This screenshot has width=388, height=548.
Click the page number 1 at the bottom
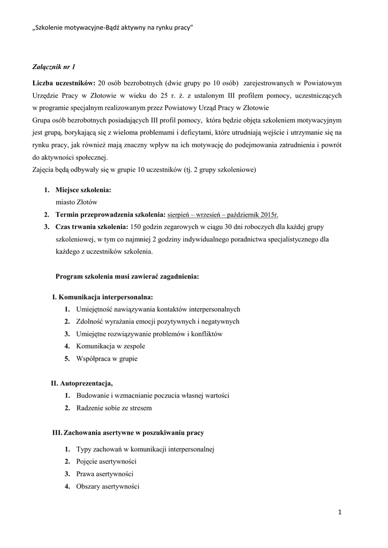(340, 512)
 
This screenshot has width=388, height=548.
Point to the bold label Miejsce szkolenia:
(84, 191)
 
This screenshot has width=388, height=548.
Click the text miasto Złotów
(73, 203)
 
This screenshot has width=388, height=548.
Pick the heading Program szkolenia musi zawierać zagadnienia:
(127, 277)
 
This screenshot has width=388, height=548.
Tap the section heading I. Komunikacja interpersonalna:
(102, 296)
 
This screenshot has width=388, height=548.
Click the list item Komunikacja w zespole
(111, 346)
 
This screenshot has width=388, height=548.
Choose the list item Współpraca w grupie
(107, 359)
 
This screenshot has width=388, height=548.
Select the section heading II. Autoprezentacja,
(82, 383)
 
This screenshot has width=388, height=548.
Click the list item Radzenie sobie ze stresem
(114, 408)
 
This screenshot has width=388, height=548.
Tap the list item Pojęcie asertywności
(106, 461)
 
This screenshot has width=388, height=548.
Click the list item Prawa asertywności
(105, 474)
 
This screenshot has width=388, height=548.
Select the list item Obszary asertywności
(108, 486)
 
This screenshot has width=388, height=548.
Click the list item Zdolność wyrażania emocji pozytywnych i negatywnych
(158, 322)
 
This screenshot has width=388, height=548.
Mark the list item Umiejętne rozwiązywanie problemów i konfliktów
(149, 334)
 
